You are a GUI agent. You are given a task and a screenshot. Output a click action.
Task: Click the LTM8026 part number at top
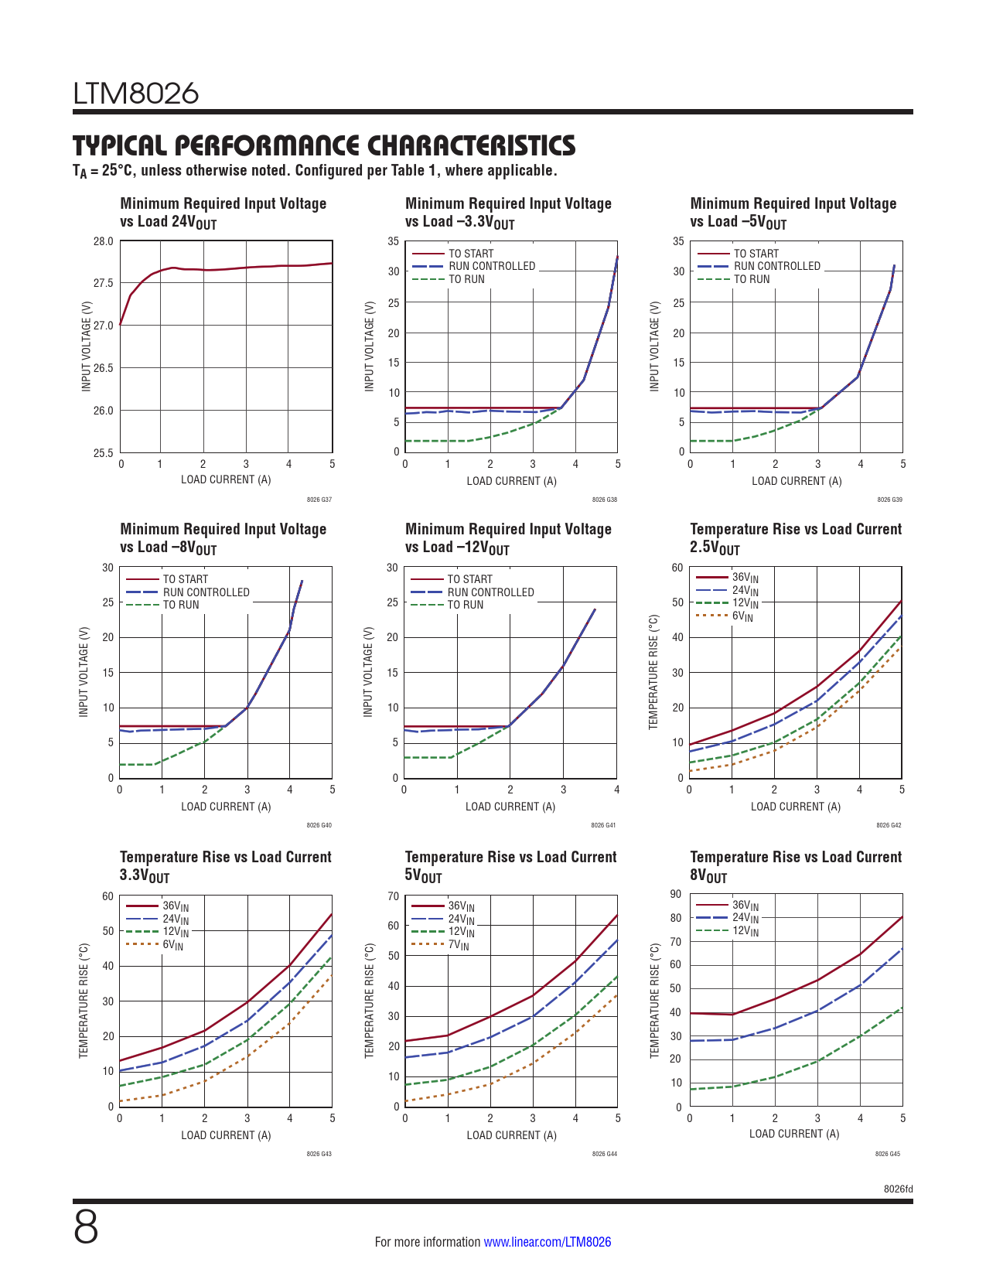pos(136,94)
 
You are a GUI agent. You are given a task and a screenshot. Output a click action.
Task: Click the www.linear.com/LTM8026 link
pos(547,1242)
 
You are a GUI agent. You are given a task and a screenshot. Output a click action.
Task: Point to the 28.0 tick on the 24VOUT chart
pos(104,241)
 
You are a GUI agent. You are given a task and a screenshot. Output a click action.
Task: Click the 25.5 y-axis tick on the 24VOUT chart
pos(104,452)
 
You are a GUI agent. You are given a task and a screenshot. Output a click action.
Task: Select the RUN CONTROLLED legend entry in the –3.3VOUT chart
pos(492,266)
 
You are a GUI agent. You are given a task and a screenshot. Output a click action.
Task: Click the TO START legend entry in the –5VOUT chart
pos(756,254)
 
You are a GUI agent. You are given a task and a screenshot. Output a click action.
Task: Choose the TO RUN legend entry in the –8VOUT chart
pos(180,605)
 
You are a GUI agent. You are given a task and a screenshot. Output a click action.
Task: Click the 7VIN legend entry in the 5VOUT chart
pos(458,945)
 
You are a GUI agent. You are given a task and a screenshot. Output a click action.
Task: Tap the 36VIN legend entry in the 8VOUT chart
pos(745,906)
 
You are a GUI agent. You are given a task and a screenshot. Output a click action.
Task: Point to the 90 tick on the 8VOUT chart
pos(676,895)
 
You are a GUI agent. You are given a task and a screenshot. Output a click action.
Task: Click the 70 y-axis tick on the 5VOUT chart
pos(394,896)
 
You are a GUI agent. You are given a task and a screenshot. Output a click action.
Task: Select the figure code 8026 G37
pos(319,500)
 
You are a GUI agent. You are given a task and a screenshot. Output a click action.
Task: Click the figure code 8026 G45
pos(888,1154)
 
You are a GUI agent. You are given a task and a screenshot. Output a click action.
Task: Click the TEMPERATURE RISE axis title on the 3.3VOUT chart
pos(84,1001)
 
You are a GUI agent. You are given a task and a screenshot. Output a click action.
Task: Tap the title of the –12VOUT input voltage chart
pos(508,538)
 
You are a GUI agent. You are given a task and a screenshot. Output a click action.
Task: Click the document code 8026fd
pos(898,1189)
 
